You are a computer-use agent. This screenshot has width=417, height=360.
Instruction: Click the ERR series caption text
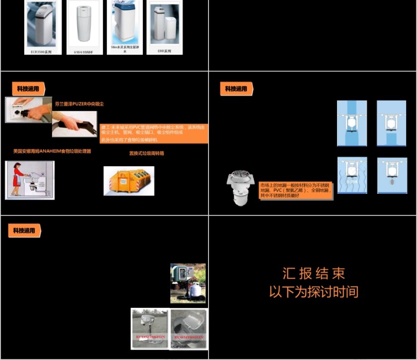(x=164, y=51)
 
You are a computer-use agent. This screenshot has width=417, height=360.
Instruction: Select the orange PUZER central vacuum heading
(x=79, y=104)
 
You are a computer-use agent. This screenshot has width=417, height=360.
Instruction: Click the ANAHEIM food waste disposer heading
(x=52, y=151)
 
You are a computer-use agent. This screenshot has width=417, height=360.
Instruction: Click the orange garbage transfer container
(x=129, y=181)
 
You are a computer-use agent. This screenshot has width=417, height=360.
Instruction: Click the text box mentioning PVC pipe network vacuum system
(x=154, y=133)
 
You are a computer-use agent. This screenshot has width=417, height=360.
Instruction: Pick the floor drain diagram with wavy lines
(x=351, y=175)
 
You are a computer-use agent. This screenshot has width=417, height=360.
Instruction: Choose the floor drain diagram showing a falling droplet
(x=392, y=175)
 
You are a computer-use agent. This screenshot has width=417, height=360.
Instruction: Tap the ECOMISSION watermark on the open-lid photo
(x=189, y=337)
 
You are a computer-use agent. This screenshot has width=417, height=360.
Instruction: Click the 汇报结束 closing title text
(x=313, y=274)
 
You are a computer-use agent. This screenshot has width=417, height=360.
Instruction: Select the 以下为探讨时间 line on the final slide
(x=313, y=291)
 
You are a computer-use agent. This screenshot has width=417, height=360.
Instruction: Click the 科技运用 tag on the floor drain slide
(x=236, y=89)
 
